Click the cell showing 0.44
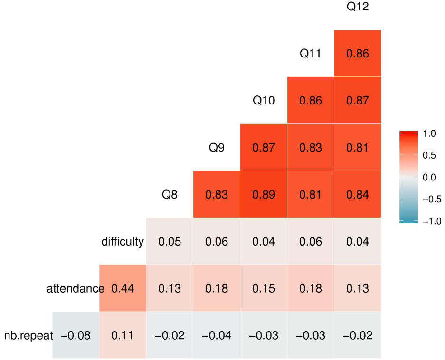[123, 288]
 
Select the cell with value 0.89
[264, 194]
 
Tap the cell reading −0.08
[76, 335]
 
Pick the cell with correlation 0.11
[123, 335]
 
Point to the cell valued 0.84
[358, 194]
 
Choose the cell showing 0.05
[170, 241]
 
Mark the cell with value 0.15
[264, 288]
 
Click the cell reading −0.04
[217, 335]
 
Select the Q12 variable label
[358, 7]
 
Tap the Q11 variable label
[311, 53]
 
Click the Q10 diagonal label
[264, 100]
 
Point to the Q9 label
[217, 147]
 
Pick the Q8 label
[170, 194]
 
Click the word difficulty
[123, 242]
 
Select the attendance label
[76, 288]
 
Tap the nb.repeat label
[28, 336]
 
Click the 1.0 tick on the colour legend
[429, 133]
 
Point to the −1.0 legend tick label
[432, 221]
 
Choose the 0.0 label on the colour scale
[429, 178]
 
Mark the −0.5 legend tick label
[432, 199]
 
